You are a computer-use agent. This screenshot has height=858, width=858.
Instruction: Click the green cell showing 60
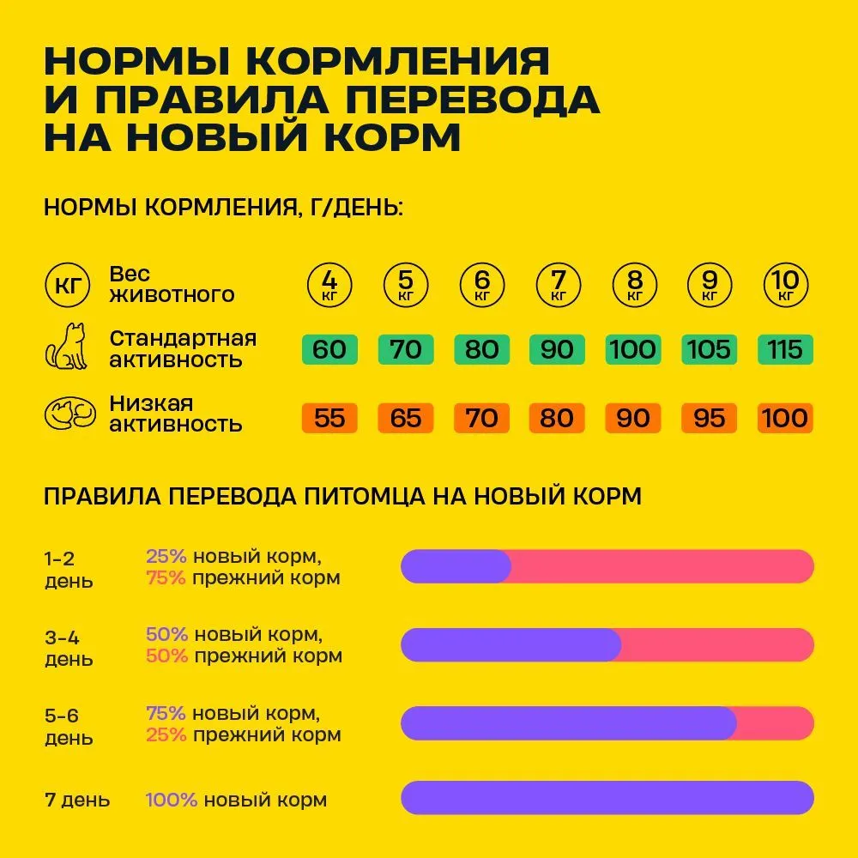coord(330,350)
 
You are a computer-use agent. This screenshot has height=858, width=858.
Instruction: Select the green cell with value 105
coord(710,350)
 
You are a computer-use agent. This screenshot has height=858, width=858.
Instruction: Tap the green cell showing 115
coord(786,350)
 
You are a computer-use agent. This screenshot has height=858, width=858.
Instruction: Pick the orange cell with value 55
coord(330,418)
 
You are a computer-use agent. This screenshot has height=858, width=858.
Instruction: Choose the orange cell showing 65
coord(406,418)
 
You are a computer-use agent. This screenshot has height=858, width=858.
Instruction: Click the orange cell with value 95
coord(710,418)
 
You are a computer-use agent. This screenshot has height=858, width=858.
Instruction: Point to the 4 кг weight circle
coord(330,284)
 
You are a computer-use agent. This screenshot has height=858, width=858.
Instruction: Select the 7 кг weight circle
coord(558,284)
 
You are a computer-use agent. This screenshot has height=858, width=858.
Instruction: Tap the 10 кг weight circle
coord(786,284)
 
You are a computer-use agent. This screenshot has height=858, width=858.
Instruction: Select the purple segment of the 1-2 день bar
coord(455,566)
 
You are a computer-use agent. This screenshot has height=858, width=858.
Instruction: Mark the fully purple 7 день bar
coord(607,798)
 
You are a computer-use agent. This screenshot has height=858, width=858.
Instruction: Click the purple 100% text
coord(172,801)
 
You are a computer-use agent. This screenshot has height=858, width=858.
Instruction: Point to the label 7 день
coord(77,801)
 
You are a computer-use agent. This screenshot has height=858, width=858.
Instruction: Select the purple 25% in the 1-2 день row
coord(166,557)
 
